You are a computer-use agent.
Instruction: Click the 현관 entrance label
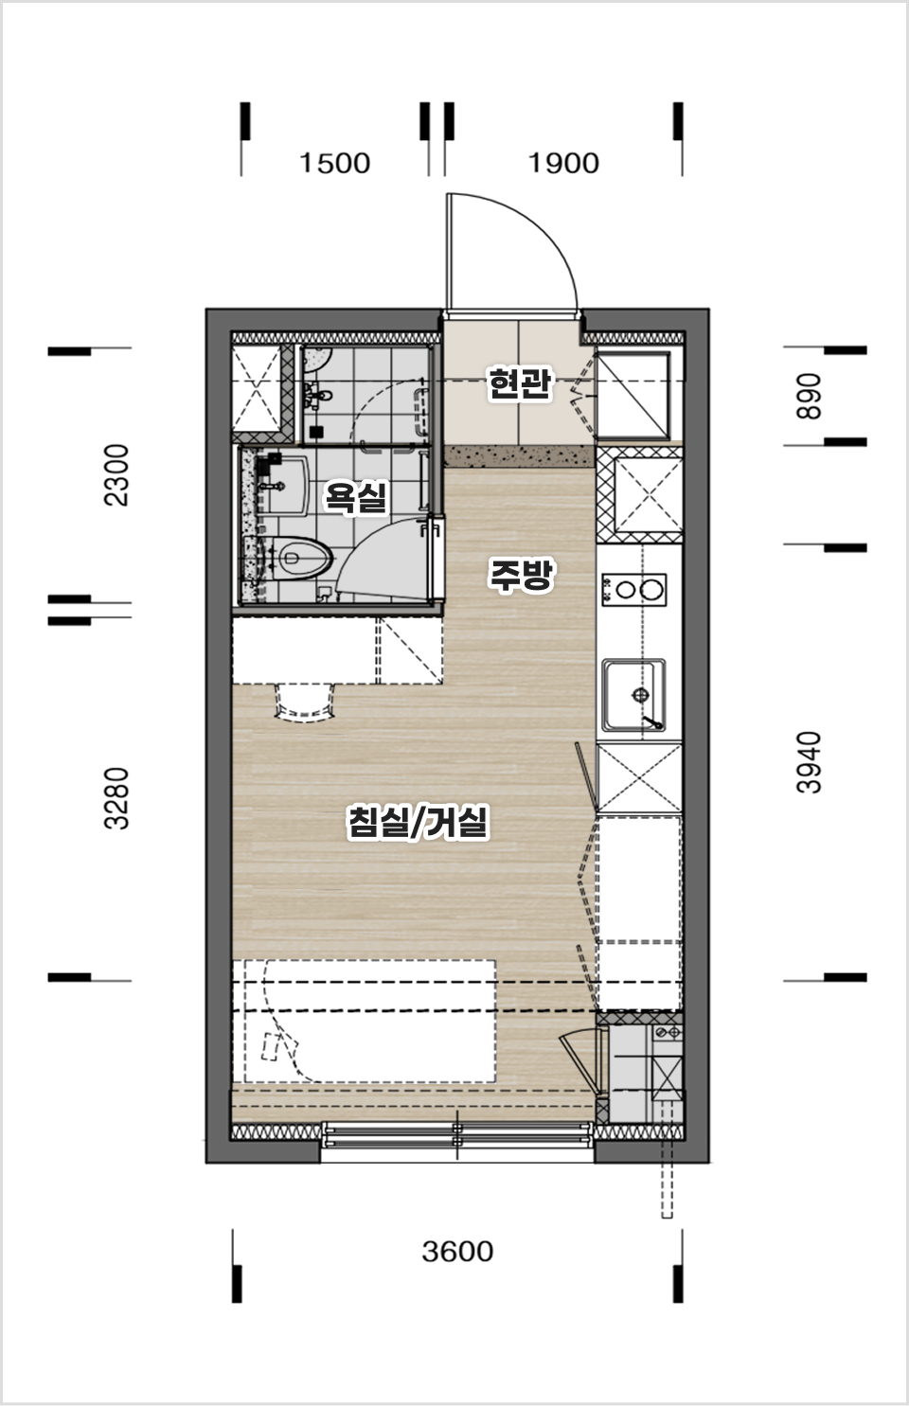click(521, 384)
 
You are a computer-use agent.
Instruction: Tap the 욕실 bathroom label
click(354, 497)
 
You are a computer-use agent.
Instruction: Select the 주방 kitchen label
click(521, 575)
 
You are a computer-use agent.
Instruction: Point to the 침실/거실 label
click(418, 823)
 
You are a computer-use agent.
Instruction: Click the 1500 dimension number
click(334, 163)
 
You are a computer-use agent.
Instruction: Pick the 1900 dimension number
click(563, 163)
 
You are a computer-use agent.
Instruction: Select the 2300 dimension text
click(116, 475)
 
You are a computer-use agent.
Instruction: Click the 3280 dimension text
click(116, 798)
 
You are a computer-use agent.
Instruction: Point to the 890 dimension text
click(809, 396)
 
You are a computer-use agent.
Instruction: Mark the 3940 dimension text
click(809, 762)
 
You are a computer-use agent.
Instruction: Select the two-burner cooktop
click(634, 590)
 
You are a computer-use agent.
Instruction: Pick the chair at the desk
click(304, 703)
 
